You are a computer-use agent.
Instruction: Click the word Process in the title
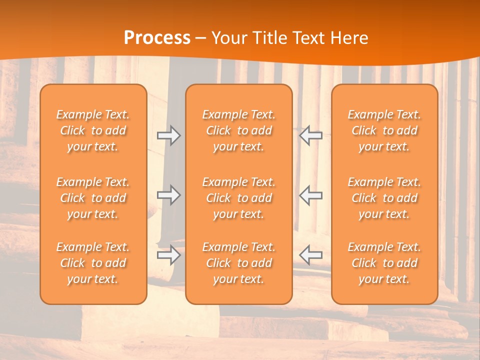157,38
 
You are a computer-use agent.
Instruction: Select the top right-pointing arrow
169,135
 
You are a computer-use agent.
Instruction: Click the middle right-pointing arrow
169,195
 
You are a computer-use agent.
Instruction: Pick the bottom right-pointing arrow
169,255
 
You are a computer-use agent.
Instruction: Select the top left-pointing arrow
310,135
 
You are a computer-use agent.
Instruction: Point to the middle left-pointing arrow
310,195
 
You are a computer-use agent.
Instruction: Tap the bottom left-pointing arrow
310,255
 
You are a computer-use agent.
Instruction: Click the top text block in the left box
93,130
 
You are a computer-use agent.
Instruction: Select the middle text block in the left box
93,198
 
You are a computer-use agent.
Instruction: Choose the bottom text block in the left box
93,263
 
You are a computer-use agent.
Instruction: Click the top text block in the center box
239,130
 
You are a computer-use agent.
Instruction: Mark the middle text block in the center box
239,198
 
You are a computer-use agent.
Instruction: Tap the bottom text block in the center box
239,263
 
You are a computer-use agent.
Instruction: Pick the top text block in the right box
384,130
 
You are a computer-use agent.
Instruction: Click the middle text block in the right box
384,198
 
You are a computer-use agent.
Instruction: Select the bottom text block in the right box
384,263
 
